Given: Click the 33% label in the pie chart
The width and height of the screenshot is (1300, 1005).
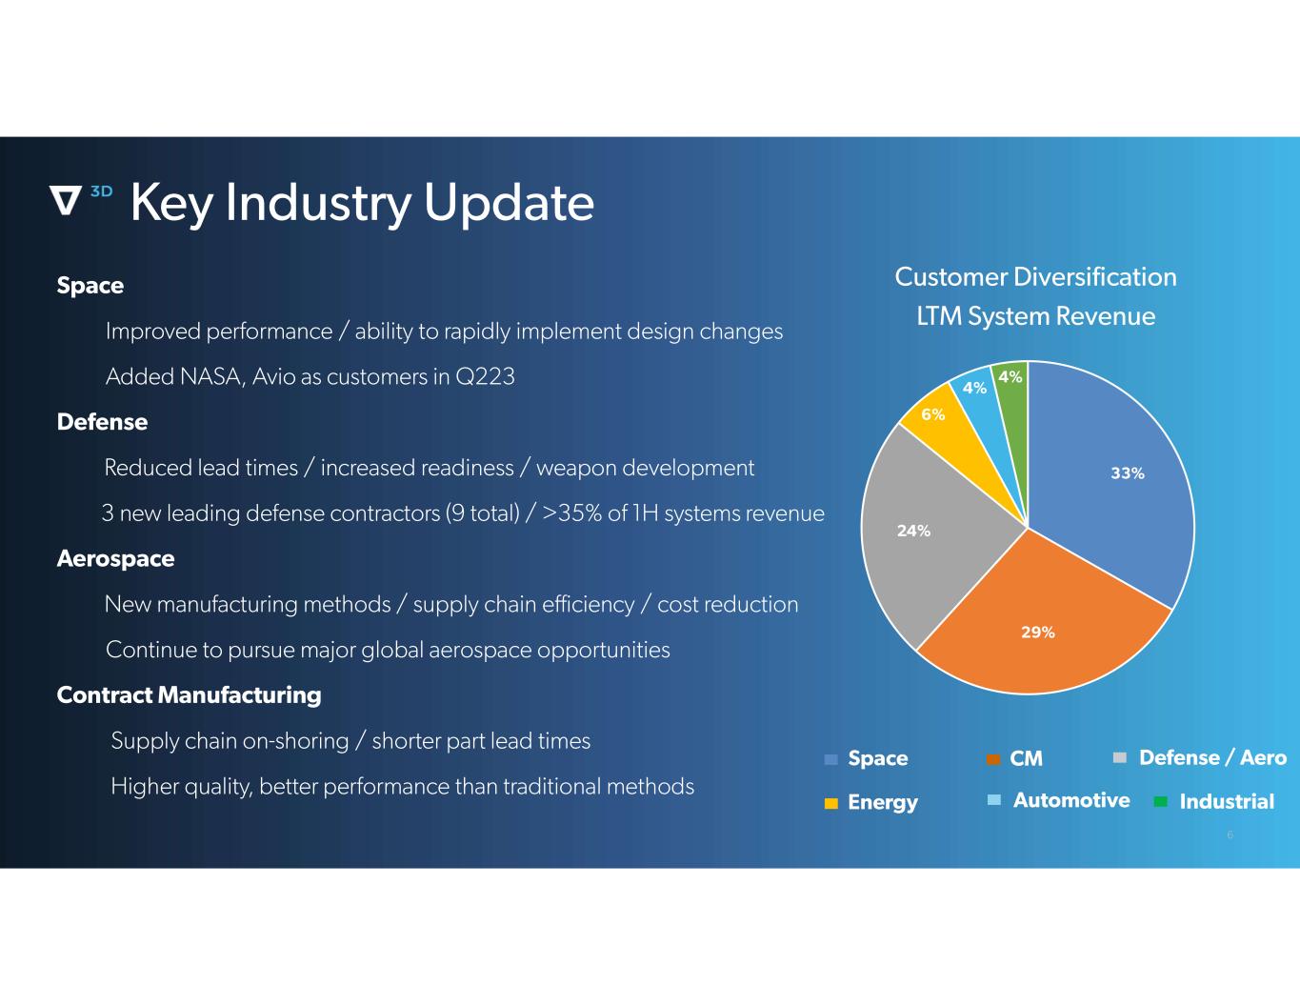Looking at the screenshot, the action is point(1127,473).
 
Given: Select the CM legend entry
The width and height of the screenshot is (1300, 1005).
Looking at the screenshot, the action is point(1014,758).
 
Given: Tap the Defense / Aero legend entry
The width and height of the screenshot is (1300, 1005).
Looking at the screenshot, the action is point(1199,758).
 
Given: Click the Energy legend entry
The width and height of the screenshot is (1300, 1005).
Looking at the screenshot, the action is point(870,802).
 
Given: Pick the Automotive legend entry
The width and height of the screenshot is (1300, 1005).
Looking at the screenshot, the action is point(1058,800).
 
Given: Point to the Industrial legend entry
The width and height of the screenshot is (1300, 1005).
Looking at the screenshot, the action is point(1214,801).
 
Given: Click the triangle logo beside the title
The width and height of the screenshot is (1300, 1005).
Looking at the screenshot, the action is point(65,200).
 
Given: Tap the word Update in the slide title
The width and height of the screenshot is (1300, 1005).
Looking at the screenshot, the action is point(510,202).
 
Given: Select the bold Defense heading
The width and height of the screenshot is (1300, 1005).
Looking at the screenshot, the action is point(102,422).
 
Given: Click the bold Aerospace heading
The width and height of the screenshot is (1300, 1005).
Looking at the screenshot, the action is point(115,559).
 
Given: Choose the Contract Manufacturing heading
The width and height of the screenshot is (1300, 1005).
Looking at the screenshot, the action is point(189,695).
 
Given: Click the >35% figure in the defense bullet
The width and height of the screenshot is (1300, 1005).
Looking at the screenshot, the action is point(572,513).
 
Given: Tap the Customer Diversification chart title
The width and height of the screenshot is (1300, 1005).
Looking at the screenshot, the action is point(1035,277).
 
